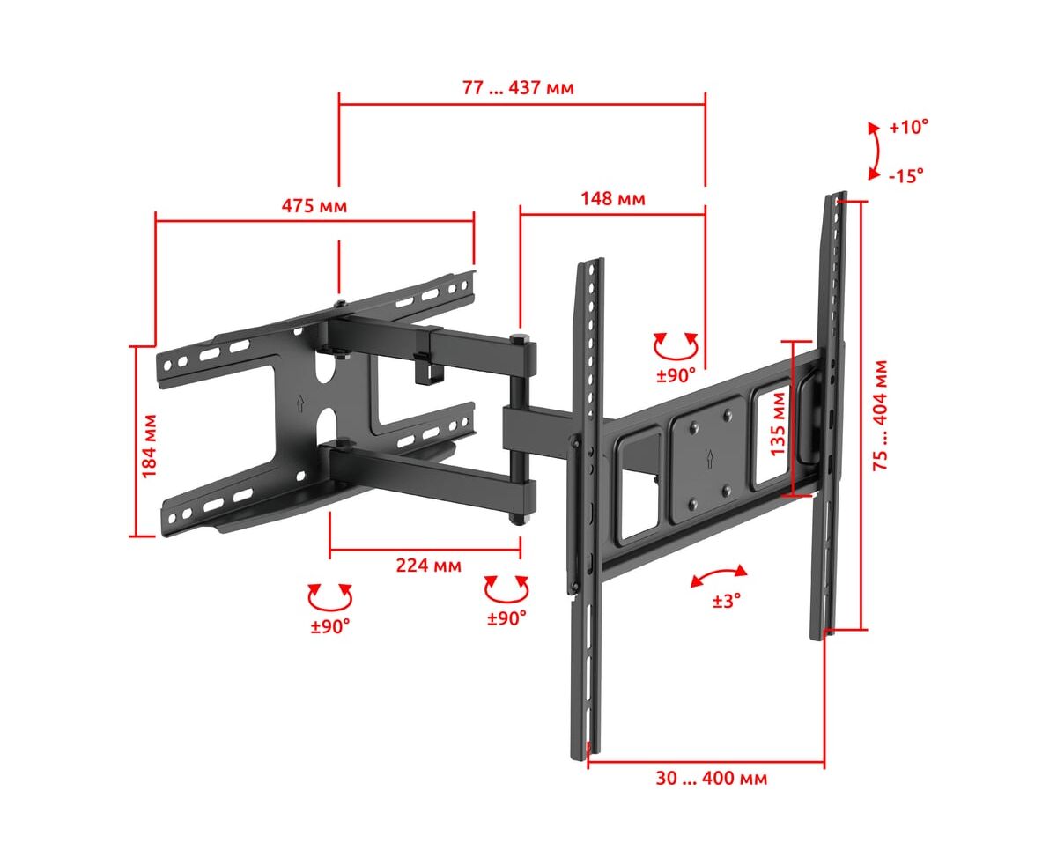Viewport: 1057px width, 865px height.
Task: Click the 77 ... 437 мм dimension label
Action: (518, 88)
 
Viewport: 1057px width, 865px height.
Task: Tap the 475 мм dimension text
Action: (314, 206)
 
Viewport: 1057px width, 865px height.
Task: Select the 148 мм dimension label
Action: (613, 199)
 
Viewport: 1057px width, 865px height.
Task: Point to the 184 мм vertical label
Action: (150, 446)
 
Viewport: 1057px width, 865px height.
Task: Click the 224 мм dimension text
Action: (428, 566)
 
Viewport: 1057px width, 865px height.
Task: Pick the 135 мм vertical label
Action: (778, 424)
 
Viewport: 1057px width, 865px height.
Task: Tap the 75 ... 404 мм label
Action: (880, 416)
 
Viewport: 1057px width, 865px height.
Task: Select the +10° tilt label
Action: (909, 128)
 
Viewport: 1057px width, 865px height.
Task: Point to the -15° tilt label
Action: (906, 176)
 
